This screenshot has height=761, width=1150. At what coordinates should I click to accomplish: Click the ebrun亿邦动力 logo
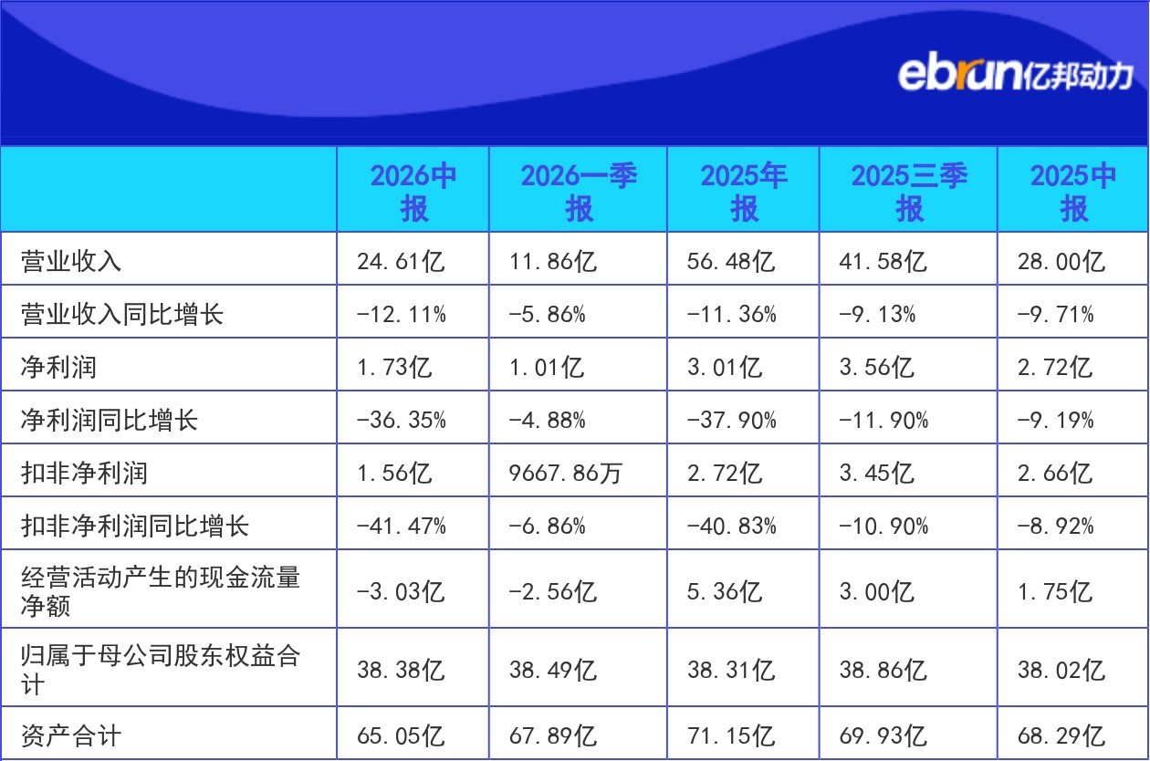pos(1015,74)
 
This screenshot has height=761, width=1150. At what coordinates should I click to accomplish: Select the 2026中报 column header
pos(413,192)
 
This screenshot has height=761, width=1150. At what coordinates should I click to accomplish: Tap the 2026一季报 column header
pos(579,192)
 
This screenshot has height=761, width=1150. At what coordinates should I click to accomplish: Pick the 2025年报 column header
pos(744,192)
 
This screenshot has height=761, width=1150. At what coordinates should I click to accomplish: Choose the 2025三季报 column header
pos(909,192)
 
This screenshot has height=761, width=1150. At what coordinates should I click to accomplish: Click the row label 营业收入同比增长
pos(122,314)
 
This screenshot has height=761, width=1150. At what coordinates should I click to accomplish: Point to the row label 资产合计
pos(71,735)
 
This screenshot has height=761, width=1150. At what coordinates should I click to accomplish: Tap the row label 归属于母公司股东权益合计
pos(161,670)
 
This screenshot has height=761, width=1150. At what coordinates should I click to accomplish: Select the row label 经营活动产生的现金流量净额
pos(161,591)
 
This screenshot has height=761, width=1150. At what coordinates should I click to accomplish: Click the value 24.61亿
pos(401,261)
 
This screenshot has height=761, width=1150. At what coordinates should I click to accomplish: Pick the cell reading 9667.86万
pos(565,473)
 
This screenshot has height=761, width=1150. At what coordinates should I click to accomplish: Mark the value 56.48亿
pos(730,261)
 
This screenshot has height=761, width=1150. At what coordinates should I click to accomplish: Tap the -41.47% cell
pos(402,526)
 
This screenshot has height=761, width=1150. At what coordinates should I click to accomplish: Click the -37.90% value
pos(732,421)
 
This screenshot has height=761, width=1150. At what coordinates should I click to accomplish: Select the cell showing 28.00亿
pos(1061,261)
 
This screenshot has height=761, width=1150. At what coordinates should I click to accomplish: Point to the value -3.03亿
pos(401,591)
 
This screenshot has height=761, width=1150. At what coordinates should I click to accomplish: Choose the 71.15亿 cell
pos(730,735)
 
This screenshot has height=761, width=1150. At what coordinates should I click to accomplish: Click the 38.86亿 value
pos(883,670)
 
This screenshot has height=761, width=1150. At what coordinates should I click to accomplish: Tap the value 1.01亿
pos(546,367)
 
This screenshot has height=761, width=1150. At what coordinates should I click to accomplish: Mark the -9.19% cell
pos(1055,421)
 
